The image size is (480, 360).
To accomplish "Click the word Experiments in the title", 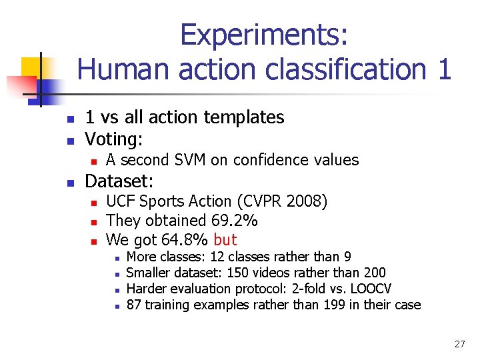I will (263, 35).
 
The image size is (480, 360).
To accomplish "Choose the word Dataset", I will (120, 181).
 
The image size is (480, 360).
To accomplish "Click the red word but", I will (225, 239).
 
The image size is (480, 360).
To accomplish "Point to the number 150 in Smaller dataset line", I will (239, 273).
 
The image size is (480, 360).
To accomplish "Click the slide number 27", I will (459, 344).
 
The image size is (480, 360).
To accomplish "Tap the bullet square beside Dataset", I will (70, 182).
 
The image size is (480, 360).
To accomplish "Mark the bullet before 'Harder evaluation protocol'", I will (116, 290).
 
